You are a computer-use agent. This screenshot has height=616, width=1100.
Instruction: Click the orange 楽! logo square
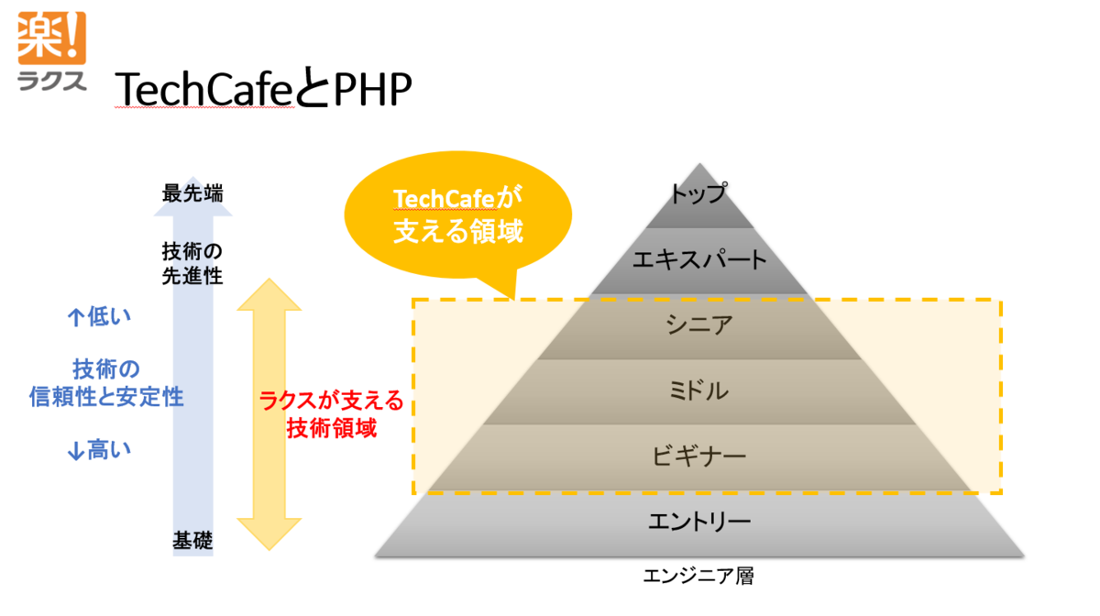(52, 38)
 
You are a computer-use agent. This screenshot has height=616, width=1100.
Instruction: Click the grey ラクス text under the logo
(52, 81)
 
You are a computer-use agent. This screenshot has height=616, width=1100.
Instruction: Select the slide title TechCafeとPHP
(263, 88)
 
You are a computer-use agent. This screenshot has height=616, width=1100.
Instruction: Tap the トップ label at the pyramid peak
(699, 193)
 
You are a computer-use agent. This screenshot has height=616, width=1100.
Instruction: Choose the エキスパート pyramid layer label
(699, 259)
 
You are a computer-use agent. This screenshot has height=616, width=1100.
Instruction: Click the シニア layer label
(699, 324)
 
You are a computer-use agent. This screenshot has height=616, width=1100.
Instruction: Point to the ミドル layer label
(699, 390)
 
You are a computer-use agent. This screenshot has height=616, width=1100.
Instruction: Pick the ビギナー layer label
(699, 456)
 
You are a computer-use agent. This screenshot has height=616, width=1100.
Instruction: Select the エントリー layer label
(699, 522)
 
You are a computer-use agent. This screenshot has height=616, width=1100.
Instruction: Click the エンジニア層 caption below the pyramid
(698, 576)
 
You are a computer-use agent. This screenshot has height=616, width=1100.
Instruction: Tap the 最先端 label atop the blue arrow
(192, 193)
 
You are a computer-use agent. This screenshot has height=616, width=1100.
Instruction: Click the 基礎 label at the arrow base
(192, 541)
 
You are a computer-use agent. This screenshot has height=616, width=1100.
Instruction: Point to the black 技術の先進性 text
(192, 264)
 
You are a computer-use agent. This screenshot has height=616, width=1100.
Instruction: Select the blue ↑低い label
(99, 317)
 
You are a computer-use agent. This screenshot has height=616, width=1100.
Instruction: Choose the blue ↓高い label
(99, 450)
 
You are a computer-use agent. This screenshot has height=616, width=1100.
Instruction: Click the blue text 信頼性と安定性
(106, 397)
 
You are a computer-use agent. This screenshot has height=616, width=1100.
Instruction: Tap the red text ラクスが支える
(331, 401)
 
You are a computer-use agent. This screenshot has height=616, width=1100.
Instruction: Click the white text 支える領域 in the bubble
(458, 231)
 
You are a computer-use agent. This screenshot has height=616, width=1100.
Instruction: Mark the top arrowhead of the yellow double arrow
(269, 295)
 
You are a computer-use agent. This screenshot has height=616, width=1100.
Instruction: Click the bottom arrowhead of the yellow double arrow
(269, 534)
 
